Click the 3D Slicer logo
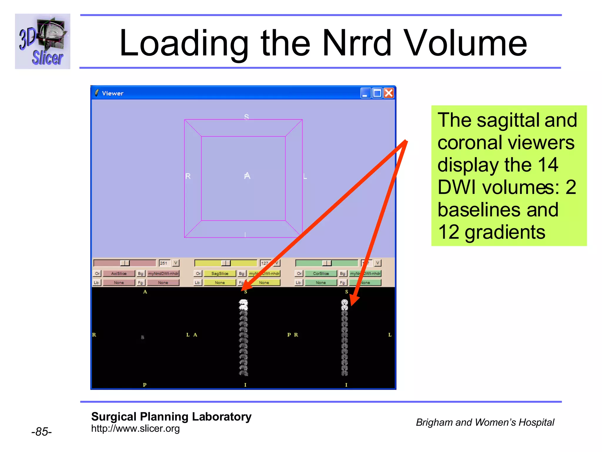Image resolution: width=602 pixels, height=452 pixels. coord(43,41)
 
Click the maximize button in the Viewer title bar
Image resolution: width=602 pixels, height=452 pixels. coord(377,93)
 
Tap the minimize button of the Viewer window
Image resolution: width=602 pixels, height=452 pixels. coord(365,93)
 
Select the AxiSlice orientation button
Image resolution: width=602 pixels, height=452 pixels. coord(119,273)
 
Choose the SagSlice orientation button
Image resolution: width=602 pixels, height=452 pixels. coord(220,273)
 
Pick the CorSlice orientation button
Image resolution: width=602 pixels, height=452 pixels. coord(321,273)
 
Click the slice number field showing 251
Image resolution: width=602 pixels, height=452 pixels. coord(164,263)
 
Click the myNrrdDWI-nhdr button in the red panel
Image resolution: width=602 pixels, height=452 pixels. coord(163,273)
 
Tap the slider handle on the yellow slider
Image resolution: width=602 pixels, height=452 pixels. coord(226,263)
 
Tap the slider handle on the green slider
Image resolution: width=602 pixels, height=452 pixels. coord(327,263)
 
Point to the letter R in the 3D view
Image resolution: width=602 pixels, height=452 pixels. coord(188,176)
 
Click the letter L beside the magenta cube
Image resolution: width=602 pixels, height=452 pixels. coord(305,177)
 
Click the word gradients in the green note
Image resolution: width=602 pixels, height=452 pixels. coord(505,232)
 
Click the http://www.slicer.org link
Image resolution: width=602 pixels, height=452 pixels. coord(135,428)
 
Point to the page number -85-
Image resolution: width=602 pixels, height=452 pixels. coord(41,432)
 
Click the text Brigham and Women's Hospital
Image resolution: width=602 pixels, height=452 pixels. coord(485,422)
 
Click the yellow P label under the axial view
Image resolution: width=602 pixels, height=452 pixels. coord(145,385)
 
